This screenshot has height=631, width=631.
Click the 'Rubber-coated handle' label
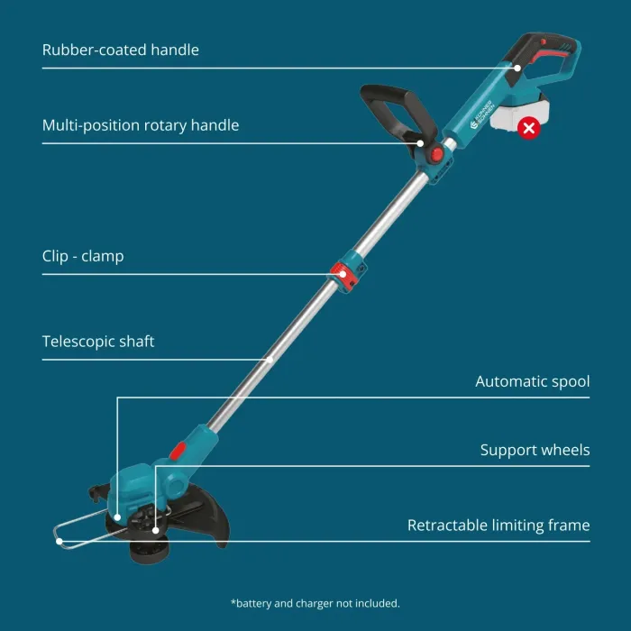[121, 50]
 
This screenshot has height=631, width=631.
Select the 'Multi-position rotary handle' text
[141, 125]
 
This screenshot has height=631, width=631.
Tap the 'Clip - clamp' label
[83, 256]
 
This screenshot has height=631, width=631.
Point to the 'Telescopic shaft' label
[98, 342]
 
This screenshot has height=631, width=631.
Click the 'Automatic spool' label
[533, 381]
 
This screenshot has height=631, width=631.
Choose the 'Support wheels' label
[535, 450]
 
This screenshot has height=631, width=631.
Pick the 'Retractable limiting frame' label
[498, 525]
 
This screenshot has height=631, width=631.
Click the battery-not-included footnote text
[315, 603]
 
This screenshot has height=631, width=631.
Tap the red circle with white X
[530, 128]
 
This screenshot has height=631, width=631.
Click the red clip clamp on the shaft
[343, 271]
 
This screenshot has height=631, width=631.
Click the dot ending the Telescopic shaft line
[271, 360]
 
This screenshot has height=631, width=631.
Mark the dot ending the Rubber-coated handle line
[517, 67]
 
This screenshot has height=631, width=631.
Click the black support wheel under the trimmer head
[144, 547]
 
